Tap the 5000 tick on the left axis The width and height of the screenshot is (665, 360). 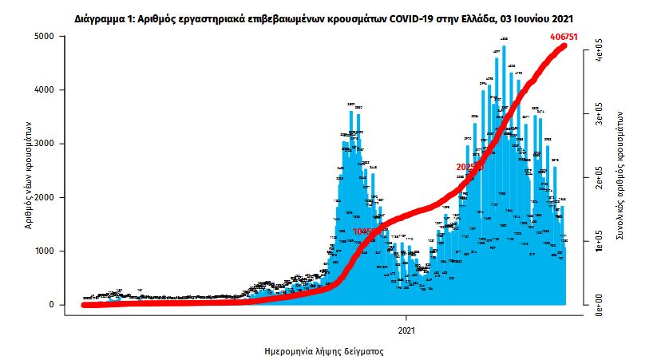click(43, 37)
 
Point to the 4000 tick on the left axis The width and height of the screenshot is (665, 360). click(43, 90)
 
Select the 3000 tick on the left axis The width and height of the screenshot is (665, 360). click(43, 144)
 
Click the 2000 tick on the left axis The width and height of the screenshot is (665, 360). click(43, 197)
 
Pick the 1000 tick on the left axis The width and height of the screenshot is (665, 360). click(43, 251)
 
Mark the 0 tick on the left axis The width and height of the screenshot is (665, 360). click(50, 305)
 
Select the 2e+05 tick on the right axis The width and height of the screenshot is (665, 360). click(594, 177)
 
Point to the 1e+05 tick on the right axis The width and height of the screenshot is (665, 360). click(594, 241)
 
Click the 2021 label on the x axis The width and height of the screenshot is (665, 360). click(406, 329)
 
